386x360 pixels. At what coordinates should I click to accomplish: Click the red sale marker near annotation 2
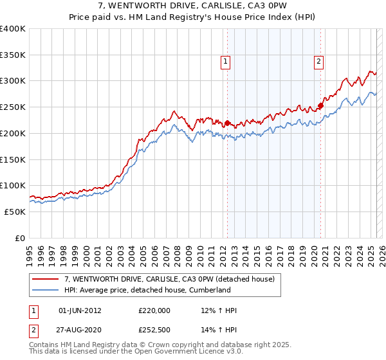pos(320,106)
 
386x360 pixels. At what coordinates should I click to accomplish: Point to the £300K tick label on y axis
pos(13,81)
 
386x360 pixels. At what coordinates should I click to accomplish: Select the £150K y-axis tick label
pos(13,159)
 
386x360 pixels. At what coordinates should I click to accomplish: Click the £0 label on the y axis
pos(20,238)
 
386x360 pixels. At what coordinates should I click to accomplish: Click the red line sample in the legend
pos(46,279)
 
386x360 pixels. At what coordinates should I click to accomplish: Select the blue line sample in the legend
pos(46,290)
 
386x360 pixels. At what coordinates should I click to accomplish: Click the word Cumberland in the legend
pos(208,290)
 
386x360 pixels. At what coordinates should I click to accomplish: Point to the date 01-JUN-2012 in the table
pos(80,310)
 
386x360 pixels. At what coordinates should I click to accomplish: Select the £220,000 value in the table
pos(154,310)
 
